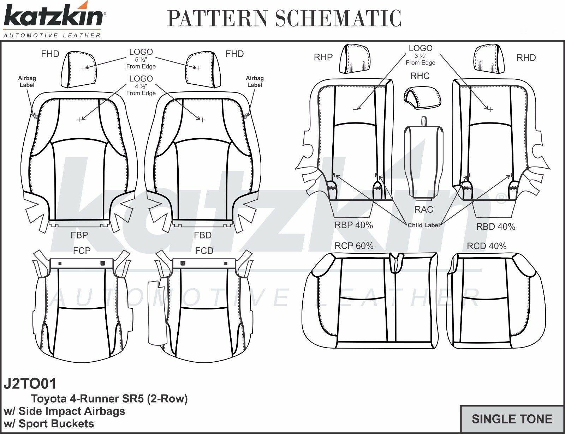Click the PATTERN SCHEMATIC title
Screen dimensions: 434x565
click(x=284, y=18)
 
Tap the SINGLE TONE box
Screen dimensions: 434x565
click(x=512, y=419)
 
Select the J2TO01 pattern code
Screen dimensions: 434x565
click(x=30, y=384)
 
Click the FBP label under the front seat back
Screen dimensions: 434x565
click(x=79, y=235)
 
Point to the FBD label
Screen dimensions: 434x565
click(x=203, y=235)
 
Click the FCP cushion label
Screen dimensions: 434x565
click(x=82, y=251)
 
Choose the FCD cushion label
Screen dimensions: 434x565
click(x=204, y=251)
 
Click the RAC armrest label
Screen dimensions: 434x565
click(x=423, y=210)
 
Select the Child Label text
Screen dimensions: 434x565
click(x=423, y=225)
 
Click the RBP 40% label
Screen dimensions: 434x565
click(x=353, y=225)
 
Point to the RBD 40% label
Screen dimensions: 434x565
click(x=495, y=227)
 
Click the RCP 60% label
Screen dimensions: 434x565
click(x=354, y=246)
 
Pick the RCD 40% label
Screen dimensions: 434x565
click(x=486, y=246)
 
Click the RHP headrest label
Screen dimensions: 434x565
click(x=323, y=58)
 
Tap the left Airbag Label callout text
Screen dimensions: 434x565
click(x=27, y=82)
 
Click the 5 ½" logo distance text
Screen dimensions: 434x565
click(x=141, y=60)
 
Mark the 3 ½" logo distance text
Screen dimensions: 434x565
click(x=420, y=56)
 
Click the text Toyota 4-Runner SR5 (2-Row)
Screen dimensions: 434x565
click(x=109, y=399)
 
